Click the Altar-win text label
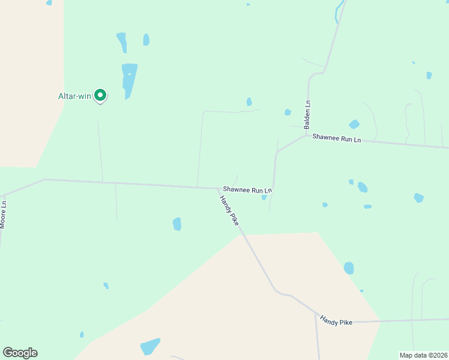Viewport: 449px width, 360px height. point(74,96)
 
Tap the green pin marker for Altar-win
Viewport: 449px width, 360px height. point(101,95)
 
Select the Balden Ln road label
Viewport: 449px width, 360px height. point(307,115)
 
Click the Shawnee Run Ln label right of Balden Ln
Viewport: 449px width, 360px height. point(337,139)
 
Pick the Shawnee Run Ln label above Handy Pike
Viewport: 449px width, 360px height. point(247,190)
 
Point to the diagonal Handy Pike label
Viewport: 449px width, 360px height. point(229,210)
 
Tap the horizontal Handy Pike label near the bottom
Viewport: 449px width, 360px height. point(336,322)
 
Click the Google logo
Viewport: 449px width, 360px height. point(20,353)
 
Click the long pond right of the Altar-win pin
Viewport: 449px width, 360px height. point(129,80)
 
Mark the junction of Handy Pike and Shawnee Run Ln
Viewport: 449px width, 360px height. point(218,188)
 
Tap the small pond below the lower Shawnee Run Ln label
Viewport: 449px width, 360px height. point(264,197)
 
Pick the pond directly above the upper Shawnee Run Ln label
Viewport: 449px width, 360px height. point(354,124)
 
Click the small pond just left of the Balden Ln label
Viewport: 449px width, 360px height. point(288,112)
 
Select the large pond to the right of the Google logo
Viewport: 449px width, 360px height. point(150,346)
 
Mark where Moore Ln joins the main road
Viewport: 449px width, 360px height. point(5,196)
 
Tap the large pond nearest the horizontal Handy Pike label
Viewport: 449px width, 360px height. point(349,268)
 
